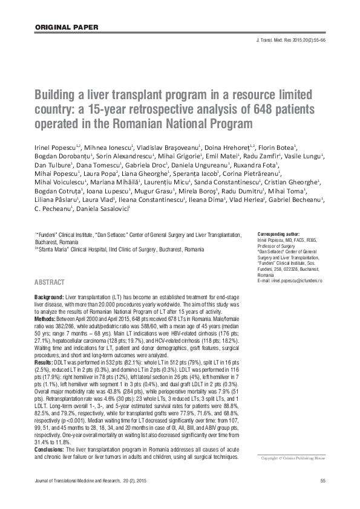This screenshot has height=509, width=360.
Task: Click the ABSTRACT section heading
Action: point(49,282)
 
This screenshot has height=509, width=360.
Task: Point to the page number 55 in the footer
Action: point(322,497)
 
